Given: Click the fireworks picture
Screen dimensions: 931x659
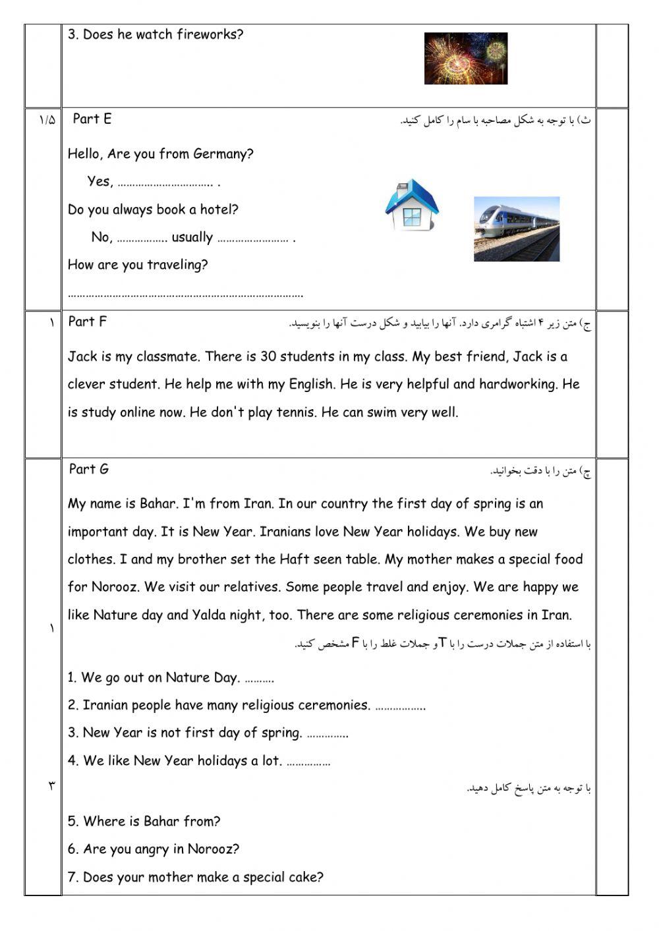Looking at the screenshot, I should (x=465, y=59).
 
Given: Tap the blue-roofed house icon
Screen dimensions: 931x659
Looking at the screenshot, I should (x=412, y=204).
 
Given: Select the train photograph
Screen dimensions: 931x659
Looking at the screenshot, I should (x=516, y=229).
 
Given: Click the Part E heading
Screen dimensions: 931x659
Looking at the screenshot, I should (x=92, y=119).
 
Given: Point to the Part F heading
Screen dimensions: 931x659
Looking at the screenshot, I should (x=87, y=322).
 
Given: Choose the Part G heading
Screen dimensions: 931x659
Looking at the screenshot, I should (x=89, y=469).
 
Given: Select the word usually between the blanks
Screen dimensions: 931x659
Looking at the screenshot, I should (x=192, y=237).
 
